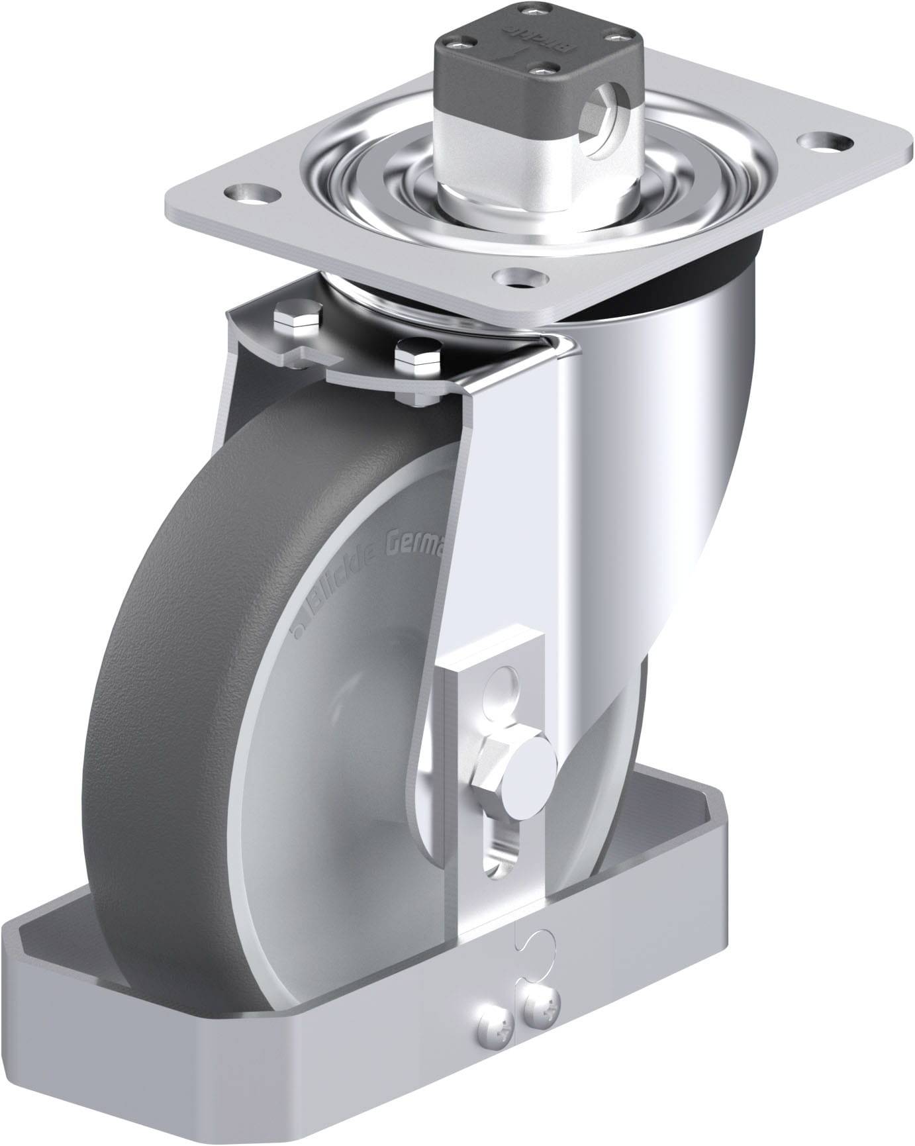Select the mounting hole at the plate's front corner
coord(522,277)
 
